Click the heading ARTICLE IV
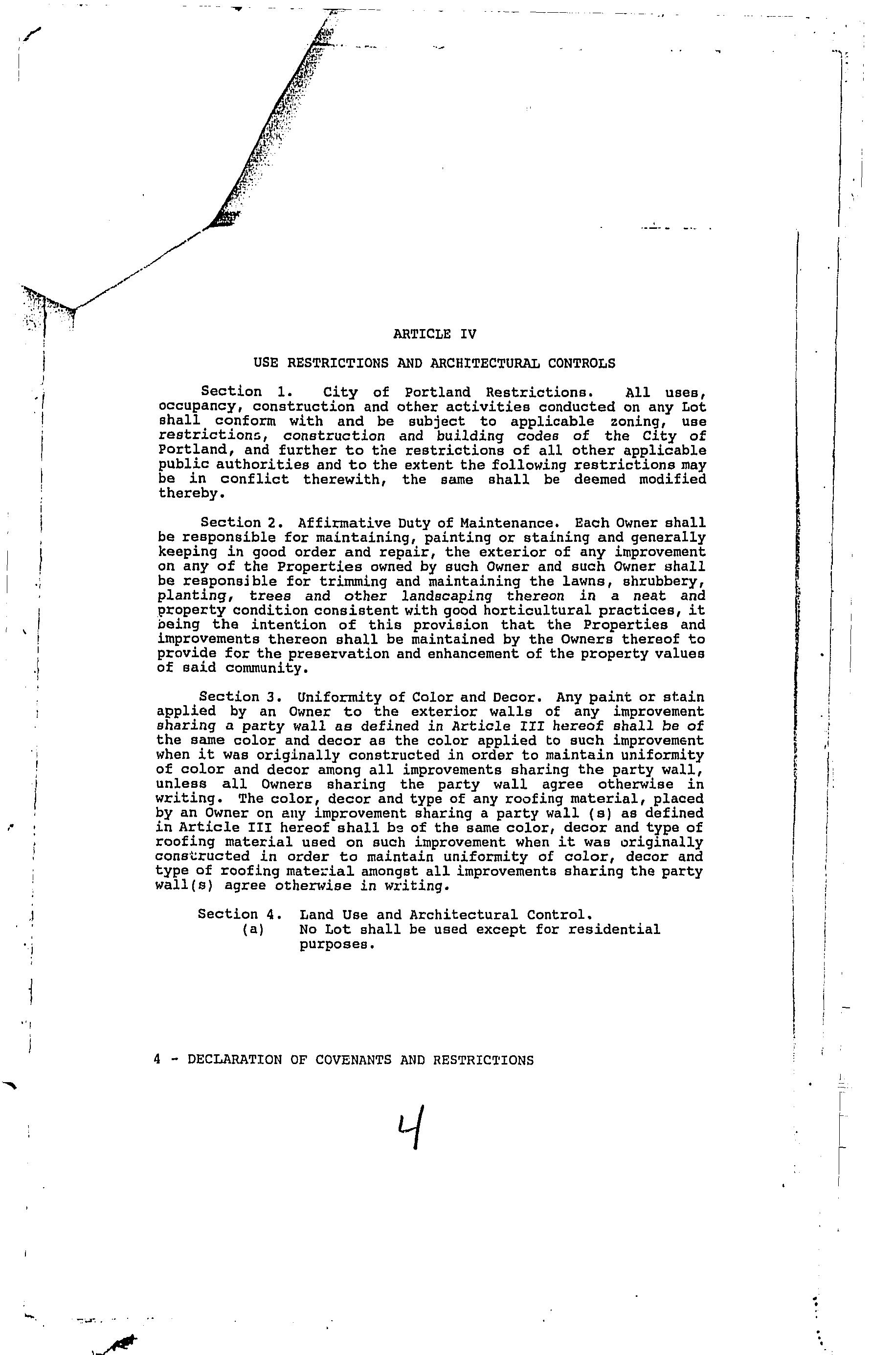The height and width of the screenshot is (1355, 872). coord(434,334)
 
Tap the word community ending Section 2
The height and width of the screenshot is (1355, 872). coord(266,668)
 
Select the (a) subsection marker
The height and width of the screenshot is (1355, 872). coord(252,930)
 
